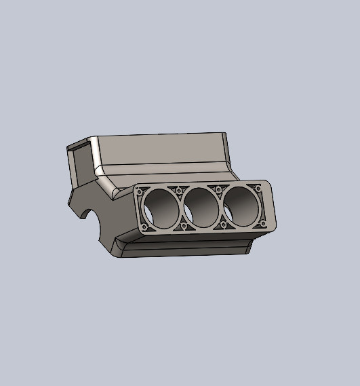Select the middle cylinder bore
tap(201, 206)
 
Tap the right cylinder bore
tap(241, 206)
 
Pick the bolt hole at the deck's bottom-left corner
tap(145, 227)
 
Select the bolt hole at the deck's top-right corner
tap(258, 188)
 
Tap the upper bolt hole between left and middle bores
tap(180, 191)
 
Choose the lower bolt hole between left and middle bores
tap(183, 226)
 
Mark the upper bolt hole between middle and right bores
tap(219, 189)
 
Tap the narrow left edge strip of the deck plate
tap(136, 210)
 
